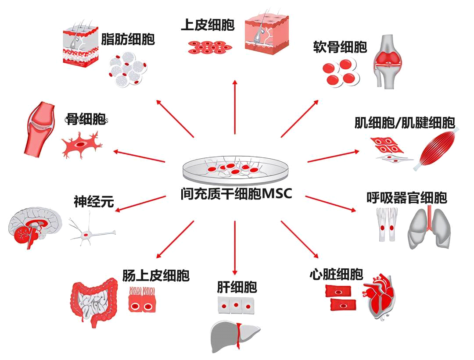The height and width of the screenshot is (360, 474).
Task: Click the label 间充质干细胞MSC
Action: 237,193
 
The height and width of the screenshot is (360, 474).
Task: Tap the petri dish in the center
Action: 235,171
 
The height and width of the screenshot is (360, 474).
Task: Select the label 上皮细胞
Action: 208,25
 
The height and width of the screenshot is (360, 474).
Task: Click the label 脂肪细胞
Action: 128,39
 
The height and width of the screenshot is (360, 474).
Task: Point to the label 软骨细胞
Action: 340,47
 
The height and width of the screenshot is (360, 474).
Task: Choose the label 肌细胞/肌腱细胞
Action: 405,123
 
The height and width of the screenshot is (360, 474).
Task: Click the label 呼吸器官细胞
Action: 407,198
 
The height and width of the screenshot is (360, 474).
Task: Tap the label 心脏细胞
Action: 336,274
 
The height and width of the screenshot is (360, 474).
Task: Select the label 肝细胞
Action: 237,287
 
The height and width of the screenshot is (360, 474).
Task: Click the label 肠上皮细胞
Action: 156,275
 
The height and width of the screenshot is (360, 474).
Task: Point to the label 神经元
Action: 94,201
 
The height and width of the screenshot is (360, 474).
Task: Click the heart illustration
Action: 379,296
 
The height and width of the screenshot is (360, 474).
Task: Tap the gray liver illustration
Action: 234,336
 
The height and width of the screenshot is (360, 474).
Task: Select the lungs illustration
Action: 429,227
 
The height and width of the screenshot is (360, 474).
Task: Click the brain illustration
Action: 35,227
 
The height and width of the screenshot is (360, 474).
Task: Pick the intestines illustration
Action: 94,302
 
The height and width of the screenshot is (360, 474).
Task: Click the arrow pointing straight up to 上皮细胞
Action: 235,107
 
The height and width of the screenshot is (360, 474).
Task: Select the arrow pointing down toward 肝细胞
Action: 235,248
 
